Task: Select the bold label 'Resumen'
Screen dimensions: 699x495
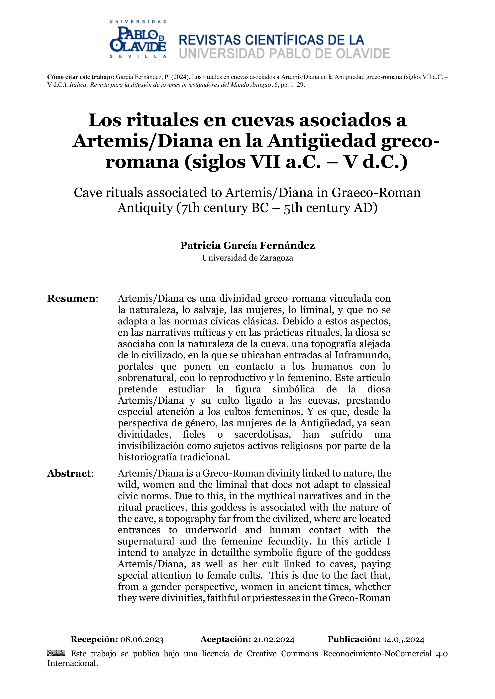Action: click(x=71, y=298)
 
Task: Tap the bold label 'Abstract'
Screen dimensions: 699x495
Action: click(x=69, y=473)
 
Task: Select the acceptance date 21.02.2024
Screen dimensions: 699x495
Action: click(x=274, y=640)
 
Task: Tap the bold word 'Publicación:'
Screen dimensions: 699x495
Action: click(x=354, y=639)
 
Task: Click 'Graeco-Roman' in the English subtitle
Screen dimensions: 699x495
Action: click(x=376, y=193)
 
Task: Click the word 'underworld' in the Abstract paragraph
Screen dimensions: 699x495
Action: click(x=211, y=530)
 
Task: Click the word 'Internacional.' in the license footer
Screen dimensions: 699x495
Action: click(x=72, y=663)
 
